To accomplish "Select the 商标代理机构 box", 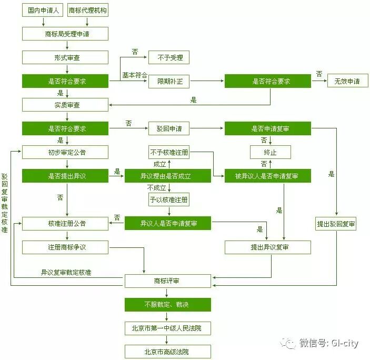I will pos(88,11).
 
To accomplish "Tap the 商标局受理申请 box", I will pos(65,34).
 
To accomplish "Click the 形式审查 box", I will pos(65,57).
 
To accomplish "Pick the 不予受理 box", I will pos(168,57).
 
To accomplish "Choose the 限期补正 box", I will pos(168,82).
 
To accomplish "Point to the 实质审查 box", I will pos(65,105).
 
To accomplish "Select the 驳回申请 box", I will pos(168,128).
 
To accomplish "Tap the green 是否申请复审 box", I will pos(268,128).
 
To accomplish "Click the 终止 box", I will pos(270,153).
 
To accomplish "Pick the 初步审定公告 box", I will pos(65,153).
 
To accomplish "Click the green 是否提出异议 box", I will pos(65,176).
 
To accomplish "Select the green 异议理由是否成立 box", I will pos(167,176).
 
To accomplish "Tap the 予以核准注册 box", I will pos(168,200).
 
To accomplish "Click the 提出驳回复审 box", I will pos(336,224).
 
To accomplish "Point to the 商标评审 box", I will pos(167,282).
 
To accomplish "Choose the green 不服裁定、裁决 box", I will pos(167,305).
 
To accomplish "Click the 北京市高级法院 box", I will pos(167,352).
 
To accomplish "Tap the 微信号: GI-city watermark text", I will pos(321,344).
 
